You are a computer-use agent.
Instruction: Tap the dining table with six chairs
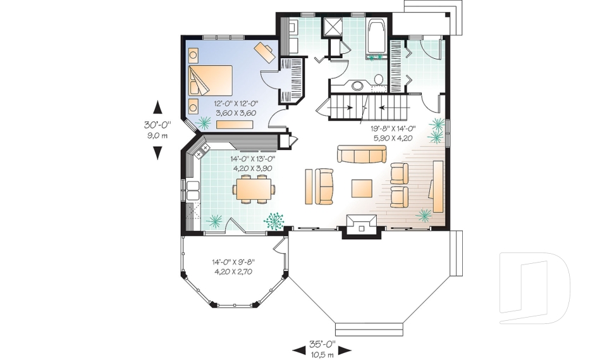tap(255, 189)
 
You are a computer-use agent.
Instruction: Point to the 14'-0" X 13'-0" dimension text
tap(251, 159)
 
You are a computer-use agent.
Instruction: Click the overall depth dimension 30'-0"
tap(157, 125)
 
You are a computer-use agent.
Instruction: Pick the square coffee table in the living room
tap(363, 189)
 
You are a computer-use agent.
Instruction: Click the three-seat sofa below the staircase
tap(361, 154)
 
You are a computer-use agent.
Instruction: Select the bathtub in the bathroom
tap(376, 36)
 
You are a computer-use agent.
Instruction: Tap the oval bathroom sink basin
tap(357, 85)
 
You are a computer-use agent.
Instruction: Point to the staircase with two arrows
tap(363, 106)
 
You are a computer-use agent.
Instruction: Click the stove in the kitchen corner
tap(203, 151)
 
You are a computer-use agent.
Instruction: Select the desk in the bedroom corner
tap(265, 51)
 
